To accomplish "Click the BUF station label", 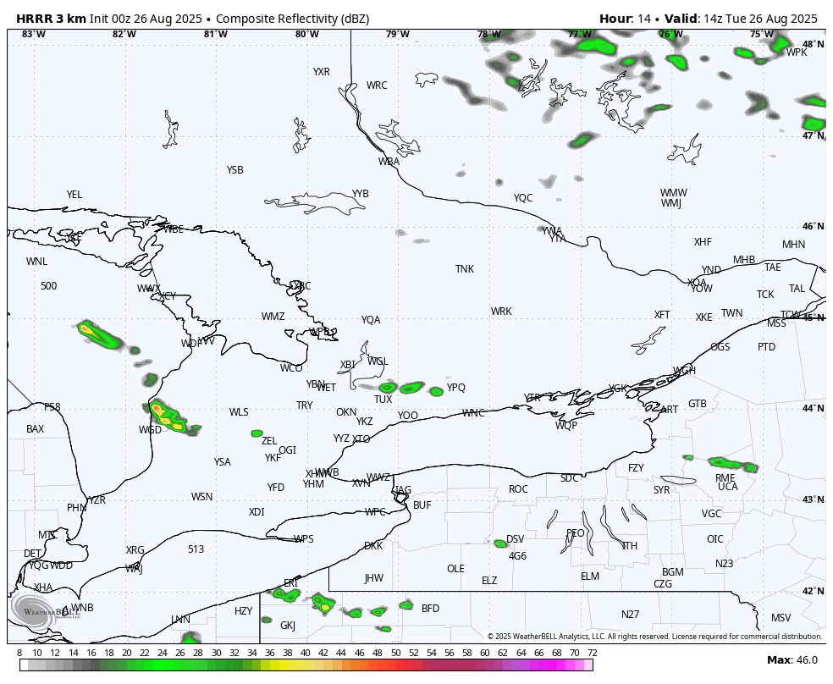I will click(x=422, y=505).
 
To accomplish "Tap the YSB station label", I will click(x=234, y=170).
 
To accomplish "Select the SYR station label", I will click(x=661, y=490).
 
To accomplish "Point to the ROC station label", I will click(x=518, y=489).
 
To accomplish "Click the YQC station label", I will click(x=523, y=198).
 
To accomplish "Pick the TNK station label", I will click(x=465, y=269).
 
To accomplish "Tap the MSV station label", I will click(x=781, y=618).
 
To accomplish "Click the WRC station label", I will click(x=377, y=85).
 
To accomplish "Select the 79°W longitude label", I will click(x=398, y=35).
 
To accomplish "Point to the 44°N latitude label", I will click(x=813, y=409).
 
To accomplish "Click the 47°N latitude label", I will click(x=813, y=136).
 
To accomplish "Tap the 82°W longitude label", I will click(x=124, y=35).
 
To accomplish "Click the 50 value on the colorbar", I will click(x=396, y=653).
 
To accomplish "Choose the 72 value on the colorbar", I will click(x=593, y=653).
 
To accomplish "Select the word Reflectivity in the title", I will click(x=306, y=19).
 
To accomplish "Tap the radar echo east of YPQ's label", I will click(x=436, y=391).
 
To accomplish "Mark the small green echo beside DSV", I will click(x=500, y=543).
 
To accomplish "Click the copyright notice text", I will click(x=654, y=637).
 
